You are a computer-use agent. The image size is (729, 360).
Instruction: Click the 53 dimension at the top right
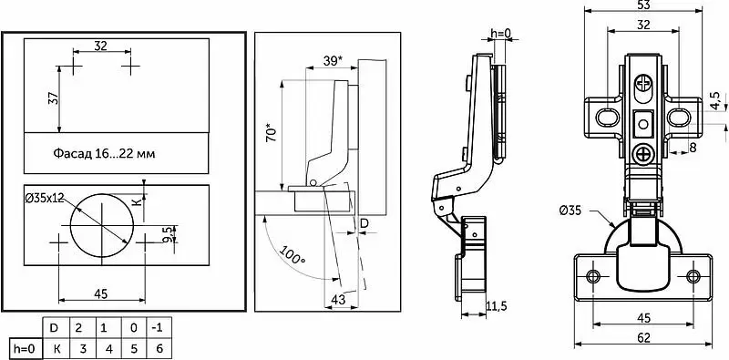(643, 5)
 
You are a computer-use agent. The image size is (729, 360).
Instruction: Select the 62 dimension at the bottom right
(643, 337)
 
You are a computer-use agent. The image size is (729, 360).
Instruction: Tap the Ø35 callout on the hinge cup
(570, 211)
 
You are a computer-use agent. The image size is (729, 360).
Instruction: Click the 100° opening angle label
(293, 254)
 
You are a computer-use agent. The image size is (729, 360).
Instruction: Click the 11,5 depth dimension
(496, 306)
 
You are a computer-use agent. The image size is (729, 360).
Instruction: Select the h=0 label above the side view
(500, 33)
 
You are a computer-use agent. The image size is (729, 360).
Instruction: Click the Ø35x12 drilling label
(45, 198)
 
